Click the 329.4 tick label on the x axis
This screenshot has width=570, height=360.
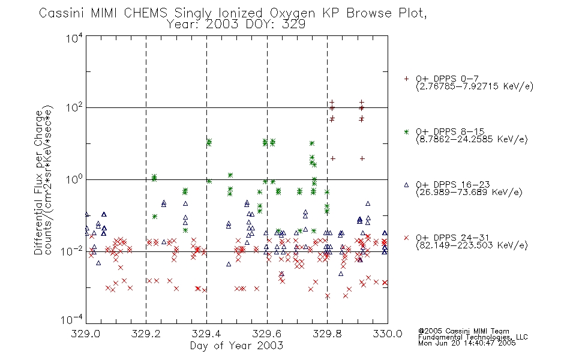tap(206, 334)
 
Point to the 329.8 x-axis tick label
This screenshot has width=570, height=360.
tap(327, 334)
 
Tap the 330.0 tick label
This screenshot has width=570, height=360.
tap(388, 334)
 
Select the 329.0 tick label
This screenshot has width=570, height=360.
tap(86, 334)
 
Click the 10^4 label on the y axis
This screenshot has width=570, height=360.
tap(74, 38)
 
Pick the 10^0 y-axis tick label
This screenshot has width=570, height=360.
tap(74, 180)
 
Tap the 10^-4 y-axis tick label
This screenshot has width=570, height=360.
tap(72, 320)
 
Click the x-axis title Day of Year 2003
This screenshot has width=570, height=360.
tap(236, 346)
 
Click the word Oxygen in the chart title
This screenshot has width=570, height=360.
tap(292, 13)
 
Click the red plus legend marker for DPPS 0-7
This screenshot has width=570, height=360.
tap(406, 79)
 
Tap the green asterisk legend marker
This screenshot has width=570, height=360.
tap(406, 131)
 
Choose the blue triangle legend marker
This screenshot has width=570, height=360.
tap(406, 185)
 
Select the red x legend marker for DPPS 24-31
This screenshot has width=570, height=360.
tap(406, 238)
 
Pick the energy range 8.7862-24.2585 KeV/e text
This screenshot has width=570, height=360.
tap(472, 139)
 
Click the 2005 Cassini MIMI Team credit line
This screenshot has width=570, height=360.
tap(463, 331)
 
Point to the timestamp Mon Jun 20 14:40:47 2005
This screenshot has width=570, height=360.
tap(467, 343)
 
